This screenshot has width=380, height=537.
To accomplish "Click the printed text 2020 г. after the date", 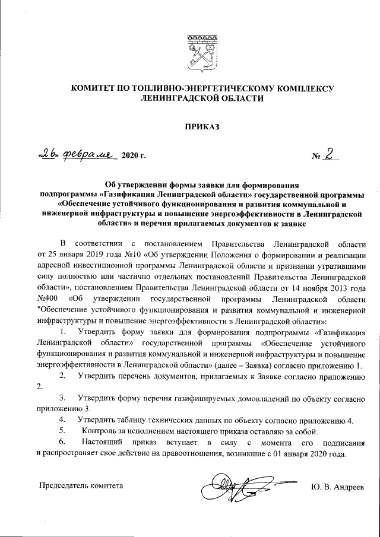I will point(134,156).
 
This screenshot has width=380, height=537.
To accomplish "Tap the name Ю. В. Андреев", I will point(336,486).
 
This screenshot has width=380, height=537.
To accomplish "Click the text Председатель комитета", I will point(81,486).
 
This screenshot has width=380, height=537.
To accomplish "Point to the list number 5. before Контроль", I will point(64,431).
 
